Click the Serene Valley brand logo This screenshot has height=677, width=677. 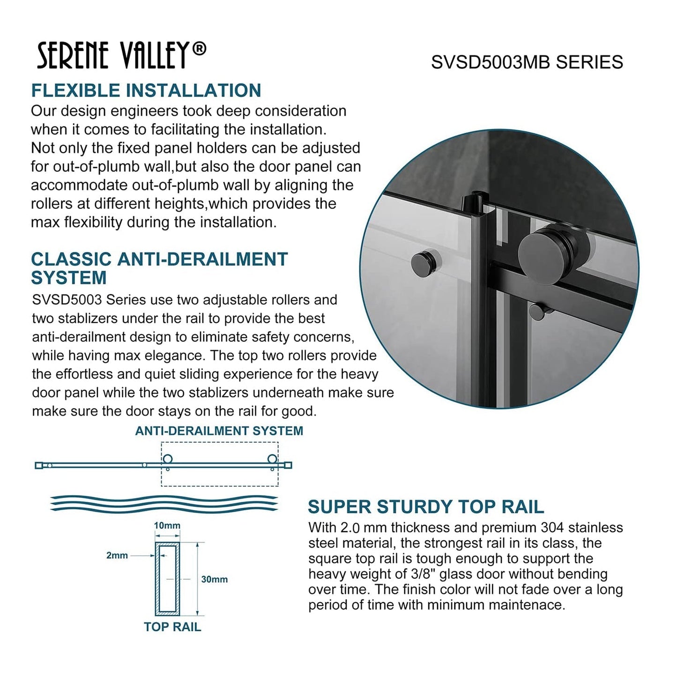[121, 55]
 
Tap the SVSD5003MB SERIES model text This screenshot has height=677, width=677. [527, 62]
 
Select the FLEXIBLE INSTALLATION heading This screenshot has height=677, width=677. [146, 90]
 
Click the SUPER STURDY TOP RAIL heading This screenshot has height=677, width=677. [425, 506]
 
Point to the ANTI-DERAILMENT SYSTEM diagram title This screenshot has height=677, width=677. [219, 431]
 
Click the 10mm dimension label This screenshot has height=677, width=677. [167, 525]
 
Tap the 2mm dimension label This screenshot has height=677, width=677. [117, 555]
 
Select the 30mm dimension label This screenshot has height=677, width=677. [214, 579]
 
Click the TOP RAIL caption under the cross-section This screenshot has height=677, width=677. [172, 627]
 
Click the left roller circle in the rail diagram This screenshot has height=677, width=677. [167, 459]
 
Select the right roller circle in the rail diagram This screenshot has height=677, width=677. [272, 459]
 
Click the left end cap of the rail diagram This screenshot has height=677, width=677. [39, 465]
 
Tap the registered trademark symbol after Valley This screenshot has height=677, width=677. [199, 49]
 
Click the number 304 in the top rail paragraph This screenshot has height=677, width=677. [552, 528]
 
